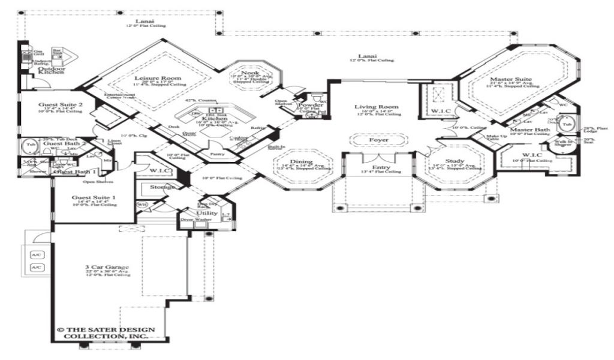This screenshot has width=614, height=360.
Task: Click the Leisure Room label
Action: coord(149,79)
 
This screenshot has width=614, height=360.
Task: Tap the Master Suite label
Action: coord(510,79)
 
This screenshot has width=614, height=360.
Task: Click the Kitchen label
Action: coord(214,119)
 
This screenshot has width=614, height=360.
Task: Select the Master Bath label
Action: coord(527,130)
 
